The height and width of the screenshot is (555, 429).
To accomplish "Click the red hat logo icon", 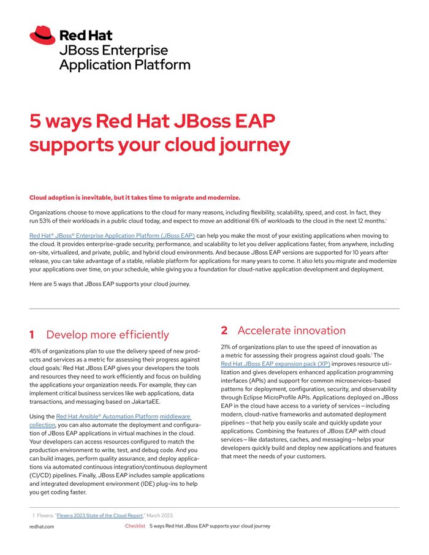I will click(42, 35).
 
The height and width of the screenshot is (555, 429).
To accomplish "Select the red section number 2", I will click(224, 330).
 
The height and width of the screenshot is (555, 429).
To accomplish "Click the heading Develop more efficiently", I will click(107, 334).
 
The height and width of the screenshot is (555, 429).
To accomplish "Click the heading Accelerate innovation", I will click(292, 330).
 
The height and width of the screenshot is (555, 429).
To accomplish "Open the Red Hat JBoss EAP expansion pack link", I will click(275, 363).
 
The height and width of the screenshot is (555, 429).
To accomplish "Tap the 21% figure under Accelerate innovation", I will click(227, 347).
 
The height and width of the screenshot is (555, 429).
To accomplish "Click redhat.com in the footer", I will click(42, 526).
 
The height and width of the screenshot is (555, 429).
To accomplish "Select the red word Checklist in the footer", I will click(135, 526).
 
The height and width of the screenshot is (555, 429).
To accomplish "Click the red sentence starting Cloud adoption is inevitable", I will click(135, 197).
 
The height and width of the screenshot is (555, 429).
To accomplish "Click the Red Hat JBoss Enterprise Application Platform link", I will click(112, 235).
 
